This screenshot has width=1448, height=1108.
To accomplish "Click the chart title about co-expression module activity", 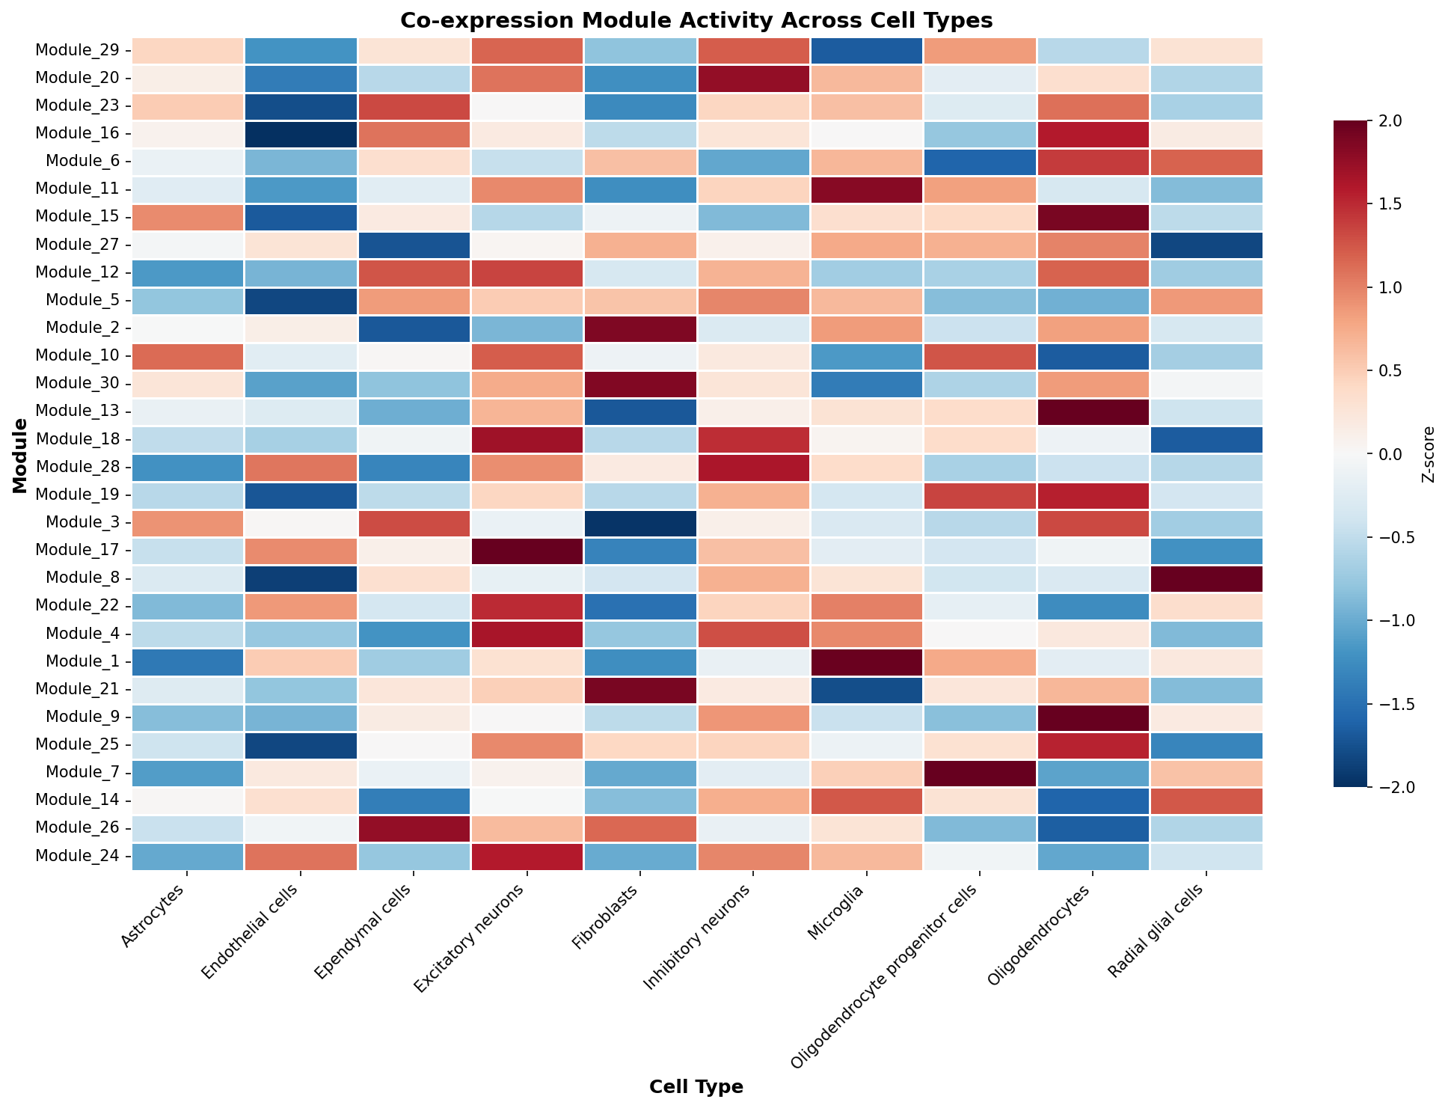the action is tap(696, 20).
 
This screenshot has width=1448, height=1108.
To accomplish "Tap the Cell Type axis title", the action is tap(696, 1087).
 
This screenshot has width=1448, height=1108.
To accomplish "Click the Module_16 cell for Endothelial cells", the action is tap(300, 134).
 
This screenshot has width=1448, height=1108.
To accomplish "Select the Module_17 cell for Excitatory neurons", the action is tap(527, 551).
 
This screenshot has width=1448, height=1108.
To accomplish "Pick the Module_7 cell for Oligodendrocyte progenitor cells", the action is tap(980, 773).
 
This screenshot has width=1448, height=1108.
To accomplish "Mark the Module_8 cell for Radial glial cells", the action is tap(1206, 578).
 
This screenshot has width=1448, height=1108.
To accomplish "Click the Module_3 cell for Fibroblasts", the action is tap(640, 523).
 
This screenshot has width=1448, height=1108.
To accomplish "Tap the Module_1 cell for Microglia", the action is tap(866, 661).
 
